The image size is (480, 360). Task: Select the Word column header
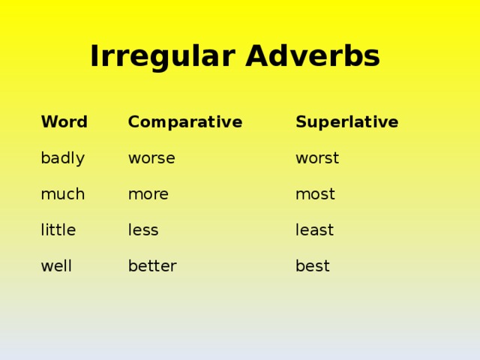(64, 121)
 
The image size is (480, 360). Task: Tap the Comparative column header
(184, 121)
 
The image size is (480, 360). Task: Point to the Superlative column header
(346, 121)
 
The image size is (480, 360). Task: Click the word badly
(62, 158)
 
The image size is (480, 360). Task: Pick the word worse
(151, 158)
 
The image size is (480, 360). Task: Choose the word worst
(317, 158)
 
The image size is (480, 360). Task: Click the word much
(62, 194)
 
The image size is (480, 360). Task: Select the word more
(148, 194)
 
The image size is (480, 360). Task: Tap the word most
(315, 194)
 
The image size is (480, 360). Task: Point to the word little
(58, 230)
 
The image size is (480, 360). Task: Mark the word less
(143, 230)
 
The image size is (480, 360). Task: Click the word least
(314, 230)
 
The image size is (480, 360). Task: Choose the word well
(56, 266)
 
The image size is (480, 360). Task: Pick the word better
(152, 266)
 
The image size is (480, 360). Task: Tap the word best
(312, 266)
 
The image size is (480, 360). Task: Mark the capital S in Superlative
(301, 121)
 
